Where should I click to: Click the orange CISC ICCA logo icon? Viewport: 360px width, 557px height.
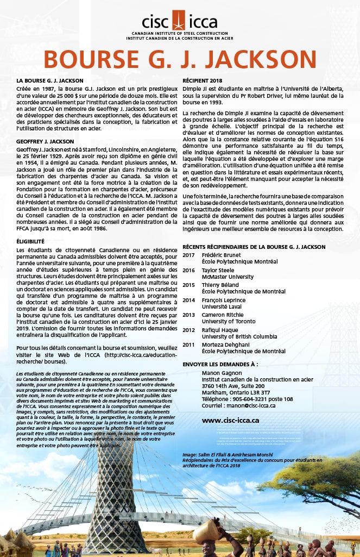point(179,20)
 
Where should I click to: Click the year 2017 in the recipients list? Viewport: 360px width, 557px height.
point(188,254)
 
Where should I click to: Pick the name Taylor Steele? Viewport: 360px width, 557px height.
point(219,270)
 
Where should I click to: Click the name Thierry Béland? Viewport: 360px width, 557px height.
point(221,285)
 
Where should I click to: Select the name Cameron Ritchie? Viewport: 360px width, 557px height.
point(223,315)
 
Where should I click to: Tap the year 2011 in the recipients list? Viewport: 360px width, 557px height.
point(188,345)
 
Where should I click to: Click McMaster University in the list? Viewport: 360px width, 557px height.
point(228,277)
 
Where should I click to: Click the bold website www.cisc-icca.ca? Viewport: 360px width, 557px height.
point(230,420)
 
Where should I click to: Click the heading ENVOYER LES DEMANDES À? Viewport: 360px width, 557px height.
point(220,364)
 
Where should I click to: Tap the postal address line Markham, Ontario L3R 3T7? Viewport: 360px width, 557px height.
point(236,392)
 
